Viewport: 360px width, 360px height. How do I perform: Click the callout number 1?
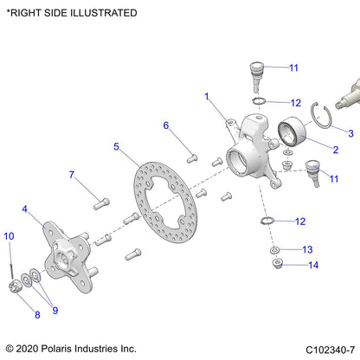point(207,97)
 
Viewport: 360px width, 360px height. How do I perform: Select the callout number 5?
point(115,147)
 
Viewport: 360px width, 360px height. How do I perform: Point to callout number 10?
point(10,235)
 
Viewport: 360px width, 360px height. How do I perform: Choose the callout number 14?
point(313,265)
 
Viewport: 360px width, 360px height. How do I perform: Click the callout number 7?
point(72,175)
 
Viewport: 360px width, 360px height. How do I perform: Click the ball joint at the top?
point(257,72)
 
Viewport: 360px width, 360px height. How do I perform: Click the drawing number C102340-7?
point(318,348)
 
